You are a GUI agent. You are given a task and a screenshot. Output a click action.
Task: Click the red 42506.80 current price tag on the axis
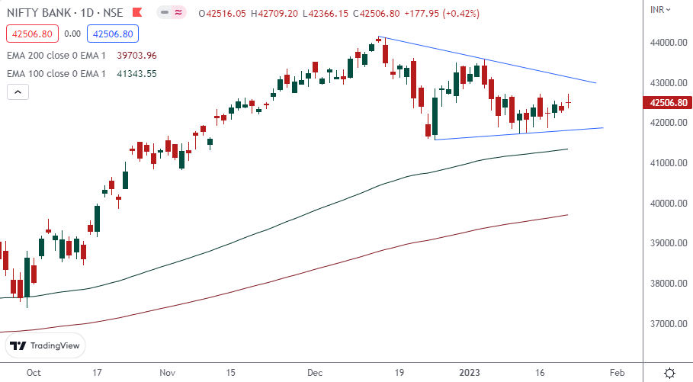pos(666,103)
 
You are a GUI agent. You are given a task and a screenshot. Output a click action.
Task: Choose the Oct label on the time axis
pos(32,373)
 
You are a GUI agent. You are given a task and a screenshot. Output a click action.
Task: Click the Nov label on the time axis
pos(168,373)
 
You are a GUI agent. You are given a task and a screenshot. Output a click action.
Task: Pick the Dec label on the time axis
pos(315,373)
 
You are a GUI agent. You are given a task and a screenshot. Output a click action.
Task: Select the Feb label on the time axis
pos(617,373)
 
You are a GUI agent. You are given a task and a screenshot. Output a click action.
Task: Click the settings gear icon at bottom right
pos(669,373)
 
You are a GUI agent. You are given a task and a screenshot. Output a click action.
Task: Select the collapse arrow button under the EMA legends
pos(18,92)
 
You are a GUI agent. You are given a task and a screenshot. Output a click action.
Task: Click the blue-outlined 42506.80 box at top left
pos(111,34)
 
